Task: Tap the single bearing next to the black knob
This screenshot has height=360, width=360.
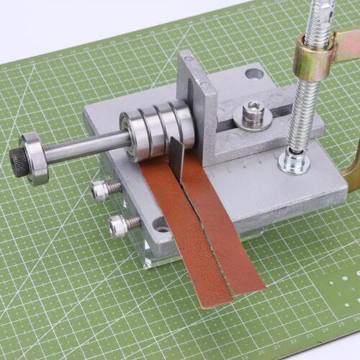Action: click(35, 158)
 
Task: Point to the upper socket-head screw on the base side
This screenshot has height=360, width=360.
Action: click(103, 190)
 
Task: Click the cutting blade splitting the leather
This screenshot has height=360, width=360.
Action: click(176, 161)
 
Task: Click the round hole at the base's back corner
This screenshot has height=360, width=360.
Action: click(253, 73)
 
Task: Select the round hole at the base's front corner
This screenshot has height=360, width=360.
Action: click(161, 228)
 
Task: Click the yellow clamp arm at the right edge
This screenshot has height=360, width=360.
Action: click(351, 173)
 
